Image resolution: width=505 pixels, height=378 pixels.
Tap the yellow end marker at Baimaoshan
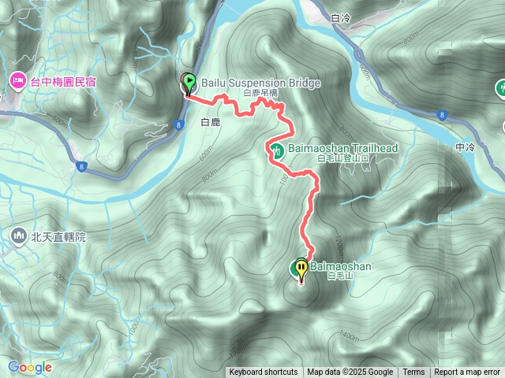click(x=301, y=269)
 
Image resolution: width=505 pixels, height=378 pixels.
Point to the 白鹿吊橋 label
click(x=260, y=93)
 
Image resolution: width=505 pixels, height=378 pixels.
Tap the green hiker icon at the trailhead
click(x=277, y=150)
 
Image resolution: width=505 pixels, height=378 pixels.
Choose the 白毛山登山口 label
click(x=342, y=157)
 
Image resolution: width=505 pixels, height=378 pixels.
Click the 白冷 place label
click(x=341, y=17)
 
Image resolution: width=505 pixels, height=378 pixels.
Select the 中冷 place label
click(x=465, y=147)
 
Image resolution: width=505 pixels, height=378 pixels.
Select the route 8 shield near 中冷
click(x=441, y=115)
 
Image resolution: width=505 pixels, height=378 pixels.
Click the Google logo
click(x=30, y=367)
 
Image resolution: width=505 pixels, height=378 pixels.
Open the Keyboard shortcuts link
click(x=264, y=372)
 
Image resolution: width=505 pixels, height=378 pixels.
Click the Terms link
click(x=413, y=372)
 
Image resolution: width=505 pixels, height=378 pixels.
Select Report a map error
click(x=468, y=372)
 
